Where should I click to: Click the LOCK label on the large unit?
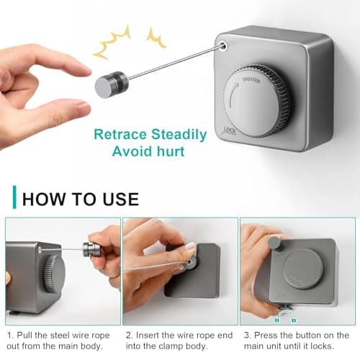230,130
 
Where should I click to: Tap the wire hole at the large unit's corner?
223,45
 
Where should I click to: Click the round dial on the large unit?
257,101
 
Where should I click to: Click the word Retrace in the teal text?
120,134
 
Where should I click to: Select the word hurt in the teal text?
171,151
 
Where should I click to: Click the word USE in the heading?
121,199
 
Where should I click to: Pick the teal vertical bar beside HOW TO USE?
14,197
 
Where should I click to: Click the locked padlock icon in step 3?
277,319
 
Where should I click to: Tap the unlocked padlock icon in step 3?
294,319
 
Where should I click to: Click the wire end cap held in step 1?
89,250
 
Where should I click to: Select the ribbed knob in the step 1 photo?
54,274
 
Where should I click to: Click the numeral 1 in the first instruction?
9,335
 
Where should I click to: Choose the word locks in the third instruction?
322,346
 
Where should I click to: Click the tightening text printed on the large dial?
251,81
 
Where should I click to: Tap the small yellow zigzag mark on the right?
156,37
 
